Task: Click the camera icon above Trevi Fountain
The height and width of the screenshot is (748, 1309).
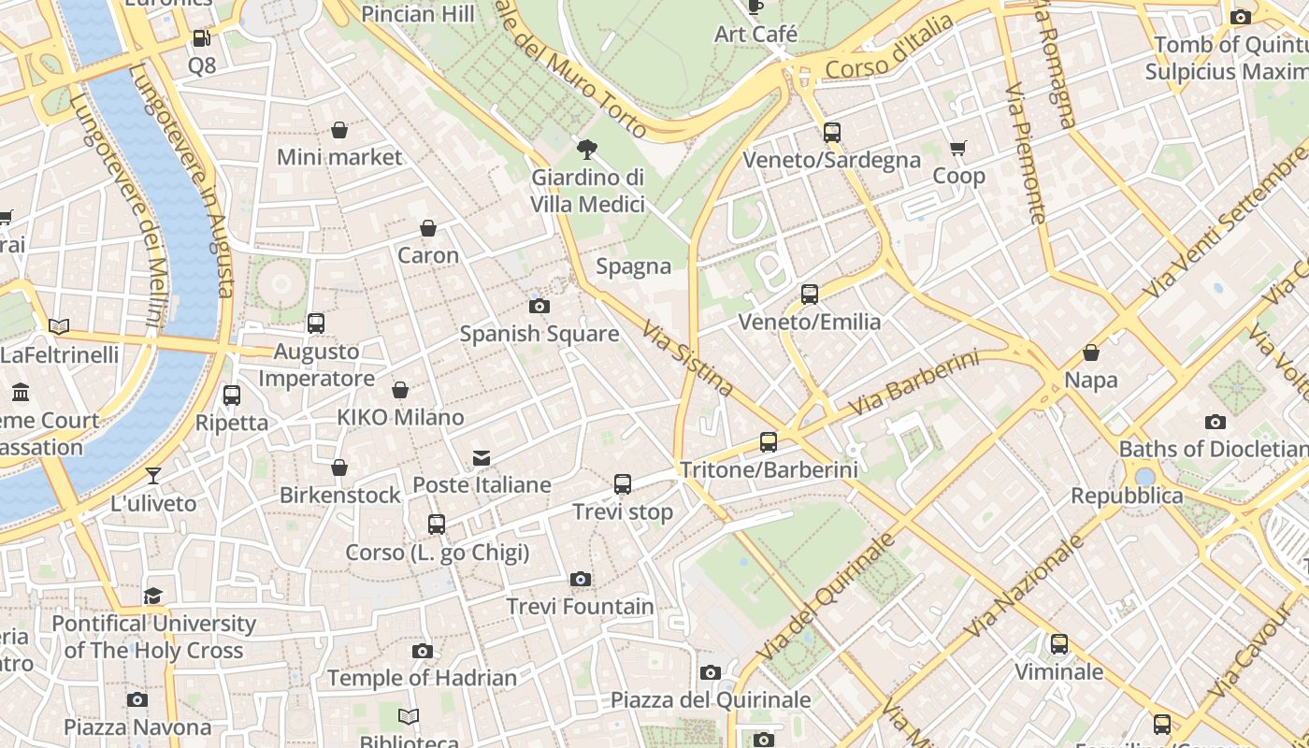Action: pyautogui.click(x=581, y=580)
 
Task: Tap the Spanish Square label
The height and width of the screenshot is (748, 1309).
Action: pyautogui.click(x=539, y=334)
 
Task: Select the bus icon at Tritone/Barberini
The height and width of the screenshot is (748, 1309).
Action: pyautogui.click(x=769, y=442)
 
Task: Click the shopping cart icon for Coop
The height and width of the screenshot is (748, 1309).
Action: pyautogui.click(x=958, y=149)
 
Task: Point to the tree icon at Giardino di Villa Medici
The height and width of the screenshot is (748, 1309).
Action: pyautogui.click(x=587, y=149)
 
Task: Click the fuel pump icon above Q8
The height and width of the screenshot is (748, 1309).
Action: pyautogui.click(x=201, y=38)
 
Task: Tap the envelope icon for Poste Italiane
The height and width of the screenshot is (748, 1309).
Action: pyautogui.click(x=482, y=458)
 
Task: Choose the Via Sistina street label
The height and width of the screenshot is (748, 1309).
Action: pyautogui.click(x=687, y=357)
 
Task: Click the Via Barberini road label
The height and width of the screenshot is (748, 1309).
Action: pyautogui.click(x=913, y=383)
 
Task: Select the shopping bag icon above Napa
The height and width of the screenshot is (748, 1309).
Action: pyautogui.click(x=1090, y=352)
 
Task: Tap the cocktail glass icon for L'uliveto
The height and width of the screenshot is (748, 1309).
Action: pyautogui.click(x=153, y=476)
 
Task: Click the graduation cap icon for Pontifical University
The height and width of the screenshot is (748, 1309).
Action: pyautogui.click(x=153, y=596)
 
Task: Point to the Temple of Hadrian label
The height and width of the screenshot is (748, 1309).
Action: pyautogui.click(x=422, y=678)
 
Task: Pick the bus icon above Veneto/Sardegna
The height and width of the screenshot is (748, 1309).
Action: pyautogui.click(x=832, y=133)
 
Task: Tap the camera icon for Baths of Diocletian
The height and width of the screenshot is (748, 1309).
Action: pyautogui.click(x=1215, y=422)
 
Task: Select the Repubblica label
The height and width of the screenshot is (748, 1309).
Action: pyautogui.click(x=1127, y=496)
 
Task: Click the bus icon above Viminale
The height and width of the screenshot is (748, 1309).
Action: pyautogui.click(x=1059, y=644)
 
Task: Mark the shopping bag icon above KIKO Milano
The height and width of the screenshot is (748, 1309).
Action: pyautogui.click(x=400, y=390)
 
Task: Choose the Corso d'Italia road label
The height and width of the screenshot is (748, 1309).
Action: pyautogui.click(x=889, y=48)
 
